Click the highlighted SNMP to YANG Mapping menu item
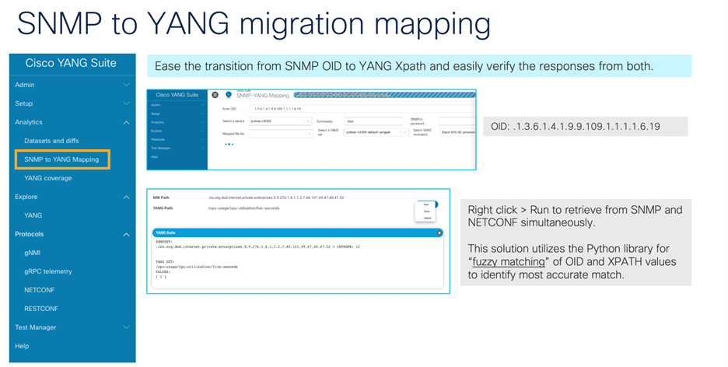coord(61,159)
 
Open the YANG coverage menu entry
coord(48,178)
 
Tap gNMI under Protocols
coord(33,253)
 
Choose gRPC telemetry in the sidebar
coord(47,271)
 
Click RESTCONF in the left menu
coord(41,309)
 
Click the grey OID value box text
coord(576,126)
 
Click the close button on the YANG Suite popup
coord(439,232)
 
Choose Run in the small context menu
coord(427,204)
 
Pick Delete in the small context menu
coord(427,218)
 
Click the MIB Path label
coord(163,197)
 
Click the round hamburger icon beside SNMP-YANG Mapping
coord(215,96)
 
